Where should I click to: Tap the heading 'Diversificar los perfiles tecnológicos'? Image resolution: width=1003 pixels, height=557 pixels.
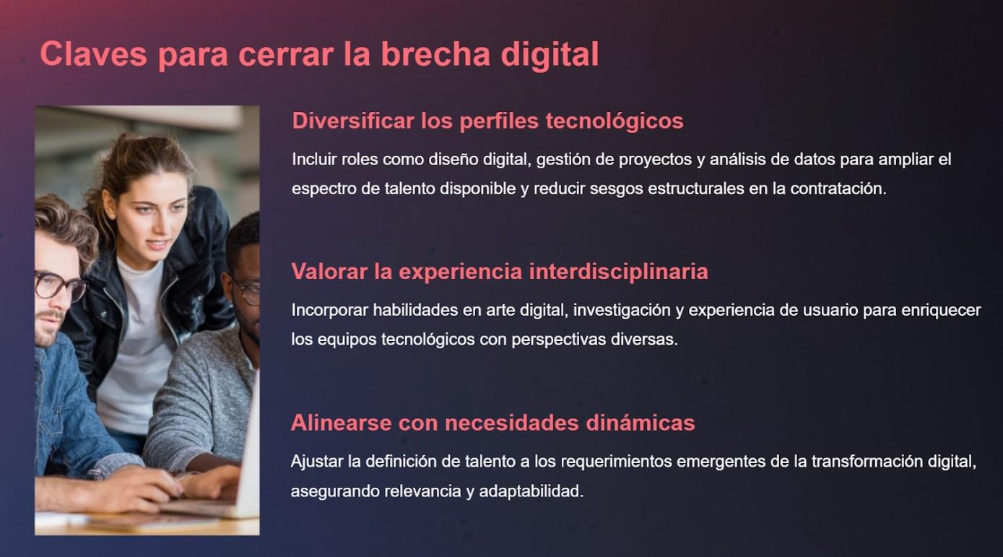tap(487, 121)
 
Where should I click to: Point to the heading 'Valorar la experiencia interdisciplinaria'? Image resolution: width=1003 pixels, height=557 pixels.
tap(499, 272)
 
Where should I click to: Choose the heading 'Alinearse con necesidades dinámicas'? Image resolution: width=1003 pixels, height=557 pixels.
tap(492, 423)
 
